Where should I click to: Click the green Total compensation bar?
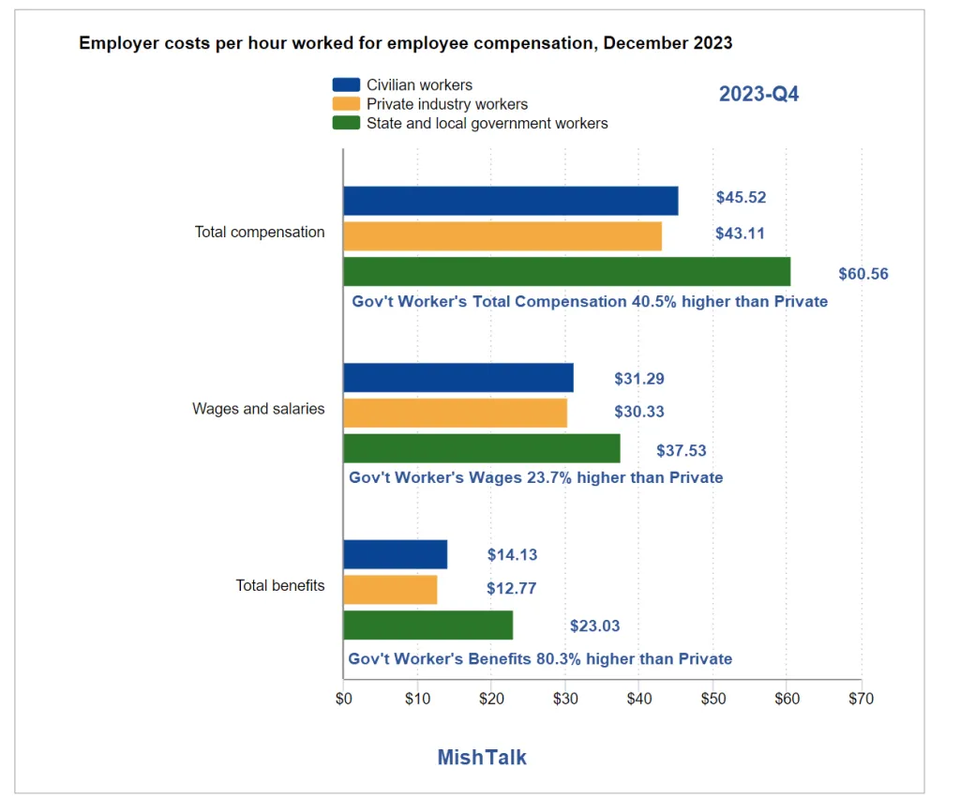coord(566,272)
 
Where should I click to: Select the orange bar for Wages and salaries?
coord(455,413)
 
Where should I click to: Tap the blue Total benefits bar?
coord(395,554)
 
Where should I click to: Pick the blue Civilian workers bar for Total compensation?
coord(510,201)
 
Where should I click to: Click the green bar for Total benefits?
coord(427,626)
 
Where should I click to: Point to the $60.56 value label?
coord(863,274)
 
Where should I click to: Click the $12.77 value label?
coord(512,589)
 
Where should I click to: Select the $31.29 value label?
coord(639,379)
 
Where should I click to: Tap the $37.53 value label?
coord(681,451)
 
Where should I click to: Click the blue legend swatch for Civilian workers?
coord(345,85)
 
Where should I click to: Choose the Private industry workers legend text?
coord(447,104)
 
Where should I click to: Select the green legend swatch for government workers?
coord(345,123)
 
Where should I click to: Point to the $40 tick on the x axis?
coord(638,699)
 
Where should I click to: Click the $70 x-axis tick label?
coord(861,699)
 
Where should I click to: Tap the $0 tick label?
coord(343,699)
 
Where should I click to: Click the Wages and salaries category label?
coord(259,409)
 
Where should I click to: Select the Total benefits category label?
coord(280,585)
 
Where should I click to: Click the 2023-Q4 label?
coord(758,95)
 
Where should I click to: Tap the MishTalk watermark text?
coord(482,757)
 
